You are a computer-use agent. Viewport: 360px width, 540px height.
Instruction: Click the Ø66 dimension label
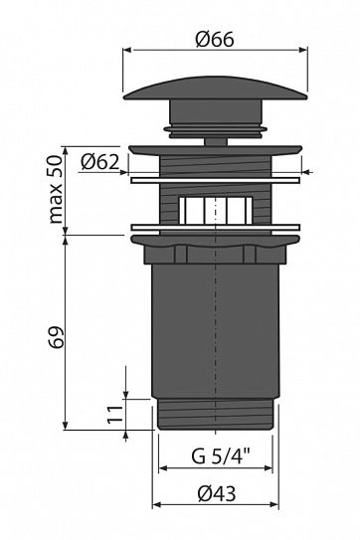215,39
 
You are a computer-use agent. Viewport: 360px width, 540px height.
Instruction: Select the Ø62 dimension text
99,162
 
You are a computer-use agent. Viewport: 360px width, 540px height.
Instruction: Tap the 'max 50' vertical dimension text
56,189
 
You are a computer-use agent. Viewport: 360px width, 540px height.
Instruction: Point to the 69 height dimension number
56,337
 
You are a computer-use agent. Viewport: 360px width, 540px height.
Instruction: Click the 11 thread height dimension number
115,415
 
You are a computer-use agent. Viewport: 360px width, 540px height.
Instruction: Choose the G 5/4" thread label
216,457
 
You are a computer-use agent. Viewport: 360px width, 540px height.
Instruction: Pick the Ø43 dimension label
217,494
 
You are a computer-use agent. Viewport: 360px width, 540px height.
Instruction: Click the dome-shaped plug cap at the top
216,89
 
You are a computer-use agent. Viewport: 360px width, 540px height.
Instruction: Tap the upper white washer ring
216,180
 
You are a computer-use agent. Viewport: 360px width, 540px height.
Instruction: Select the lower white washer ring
216,228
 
